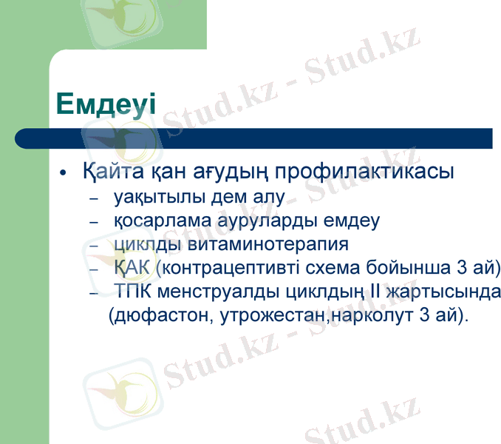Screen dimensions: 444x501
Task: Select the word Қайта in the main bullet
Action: point(107,173)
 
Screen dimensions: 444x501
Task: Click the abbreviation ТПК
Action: point(133,291)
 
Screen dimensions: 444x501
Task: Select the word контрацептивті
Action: point(226,267)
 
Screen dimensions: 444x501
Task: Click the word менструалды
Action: point(209,291)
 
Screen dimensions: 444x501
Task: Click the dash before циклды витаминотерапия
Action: point(93,244)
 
